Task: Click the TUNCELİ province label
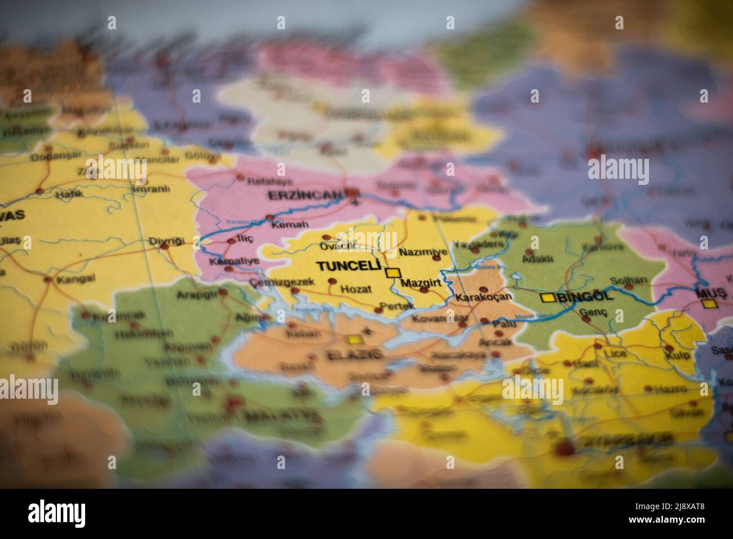(x=349, y=267)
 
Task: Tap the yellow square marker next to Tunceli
(x=392, y=273)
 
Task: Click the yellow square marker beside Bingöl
(x=546, y=298)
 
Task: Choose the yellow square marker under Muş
(x=710, y=304)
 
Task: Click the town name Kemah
(x=282, y=224)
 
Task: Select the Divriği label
(x=166, y=241)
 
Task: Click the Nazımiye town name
(x=423, y=251)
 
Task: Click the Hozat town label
(x=356, y=289)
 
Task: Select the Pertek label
(x=397, y=306)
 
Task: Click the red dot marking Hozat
(x=332, y=281)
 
